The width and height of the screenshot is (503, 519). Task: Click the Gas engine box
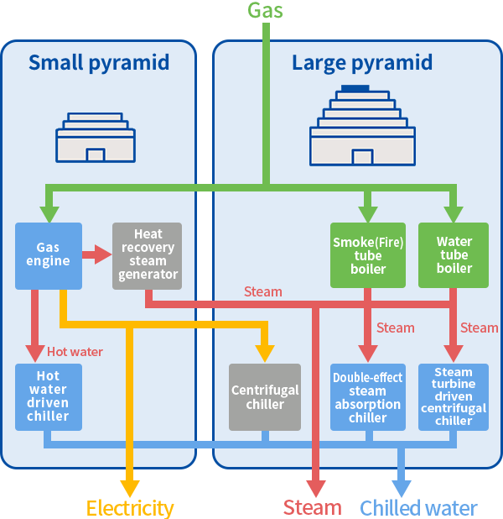(x=49, y=255)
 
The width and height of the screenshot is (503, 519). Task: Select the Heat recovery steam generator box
(x=148, y=255)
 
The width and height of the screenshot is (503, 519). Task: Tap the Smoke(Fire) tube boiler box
(x=368, y=255)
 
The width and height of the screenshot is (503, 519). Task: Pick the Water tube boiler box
(x=454, y=255)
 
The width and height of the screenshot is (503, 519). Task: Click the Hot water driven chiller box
(x=49, y=396)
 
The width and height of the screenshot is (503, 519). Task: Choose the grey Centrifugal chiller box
(x=265, y=396)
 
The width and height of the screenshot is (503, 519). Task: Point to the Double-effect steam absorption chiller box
(x=368, y=396)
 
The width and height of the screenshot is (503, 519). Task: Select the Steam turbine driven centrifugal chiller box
(x=454, y=396)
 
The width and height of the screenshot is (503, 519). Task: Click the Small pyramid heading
(x=99, y=63)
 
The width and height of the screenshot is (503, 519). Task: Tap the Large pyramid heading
(x=362, y=63)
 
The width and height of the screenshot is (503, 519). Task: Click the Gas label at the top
(x=265, y=10)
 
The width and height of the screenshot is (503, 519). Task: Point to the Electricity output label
(x=130, y=508)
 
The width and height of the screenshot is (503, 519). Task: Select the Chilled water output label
(x=418, y=508)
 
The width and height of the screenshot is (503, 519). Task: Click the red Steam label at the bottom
(x=312, y=508)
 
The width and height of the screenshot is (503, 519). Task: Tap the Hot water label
(x=75, y=352)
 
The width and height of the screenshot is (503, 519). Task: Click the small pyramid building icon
(x=95, y=138)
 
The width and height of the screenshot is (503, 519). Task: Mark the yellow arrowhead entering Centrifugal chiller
(x=266, y=350)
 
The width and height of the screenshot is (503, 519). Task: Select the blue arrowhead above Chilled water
(x=402, y=487)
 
